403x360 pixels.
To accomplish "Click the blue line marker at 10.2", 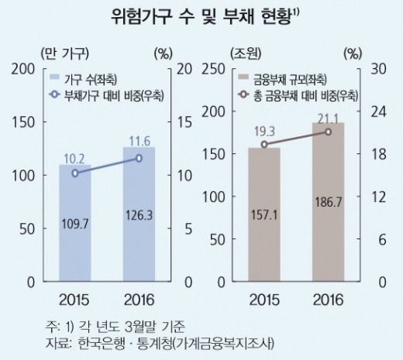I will [74, 173].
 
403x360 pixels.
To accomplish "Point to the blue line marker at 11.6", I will [139, 158].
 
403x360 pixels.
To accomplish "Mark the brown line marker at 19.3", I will [263, 145].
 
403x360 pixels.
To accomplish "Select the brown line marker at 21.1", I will [328, 132].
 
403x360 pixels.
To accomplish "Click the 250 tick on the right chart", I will [213, 69].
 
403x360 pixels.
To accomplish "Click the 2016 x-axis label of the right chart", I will [328, 300].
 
